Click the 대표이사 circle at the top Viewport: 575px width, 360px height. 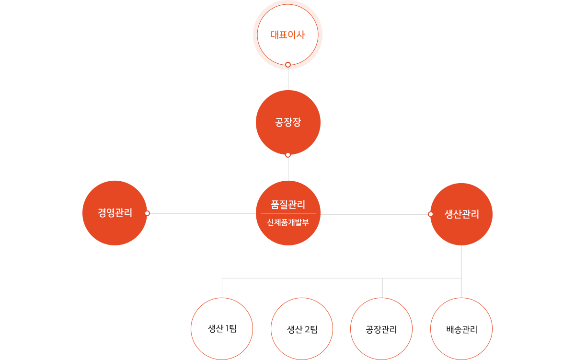coord(287,35)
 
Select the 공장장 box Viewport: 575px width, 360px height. coord(287,122)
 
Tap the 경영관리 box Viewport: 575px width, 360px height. coord(115,213)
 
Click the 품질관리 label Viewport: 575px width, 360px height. coord(288,205)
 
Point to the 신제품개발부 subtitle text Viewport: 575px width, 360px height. coord(288,222)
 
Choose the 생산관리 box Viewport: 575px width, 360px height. coord(461,214)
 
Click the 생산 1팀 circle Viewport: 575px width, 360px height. coord(222,329)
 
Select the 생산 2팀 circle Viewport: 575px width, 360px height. coord(302,329)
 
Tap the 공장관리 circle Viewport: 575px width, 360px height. coord(381,329)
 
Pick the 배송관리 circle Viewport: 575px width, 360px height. coord(461,329)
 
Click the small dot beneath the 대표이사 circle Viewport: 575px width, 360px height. coord(288,64)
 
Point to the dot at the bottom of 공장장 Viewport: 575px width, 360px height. coord(288,155)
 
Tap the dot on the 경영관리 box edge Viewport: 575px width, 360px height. coord(147,213)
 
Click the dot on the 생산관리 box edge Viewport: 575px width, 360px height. coord(430,214)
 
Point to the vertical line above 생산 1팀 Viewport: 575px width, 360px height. coord(222,288)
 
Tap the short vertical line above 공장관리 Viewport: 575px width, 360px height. coord(382,288)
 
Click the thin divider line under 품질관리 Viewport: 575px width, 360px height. coord(288,213)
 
